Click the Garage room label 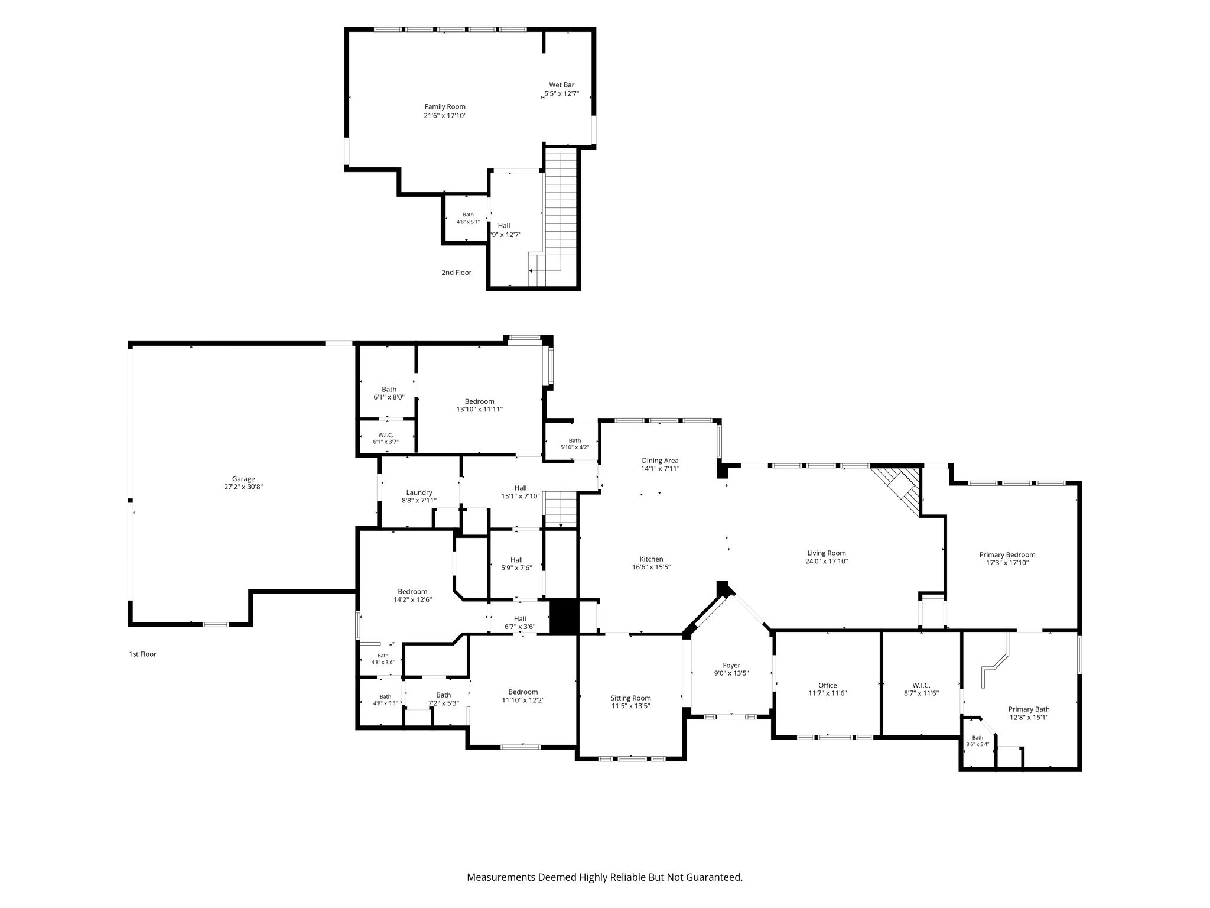point(243,479)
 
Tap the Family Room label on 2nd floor point(445,107)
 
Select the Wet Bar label point(561,85)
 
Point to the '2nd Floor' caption point(456,273)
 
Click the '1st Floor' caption point(142,654)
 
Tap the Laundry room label point(419,492)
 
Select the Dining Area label point(660,461)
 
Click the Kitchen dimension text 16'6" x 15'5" point(651,567)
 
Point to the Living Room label point(827,553)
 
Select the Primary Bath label point(1029,709)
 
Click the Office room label point(827,686)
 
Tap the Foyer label point(731,666)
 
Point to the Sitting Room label point(631,698)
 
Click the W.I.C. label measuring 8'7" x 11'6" point(921,686)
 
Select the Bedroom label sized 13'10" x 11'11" point(479,401)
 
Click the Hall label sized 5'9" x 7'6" point(516,560)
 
